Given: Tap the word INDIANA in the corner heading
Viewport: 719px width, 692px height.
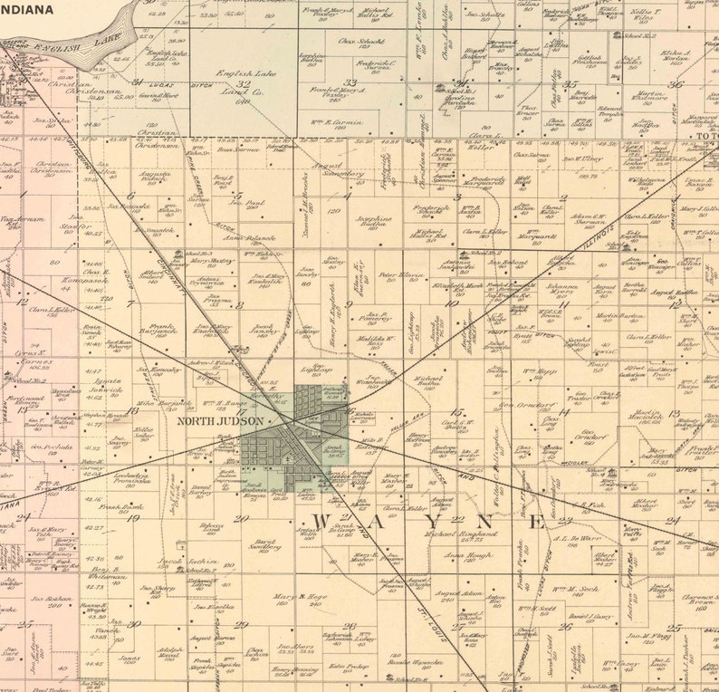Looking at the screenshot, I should point(26,10).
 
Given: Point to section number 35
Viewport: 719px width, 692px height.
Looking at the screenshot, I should point(570,84).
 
